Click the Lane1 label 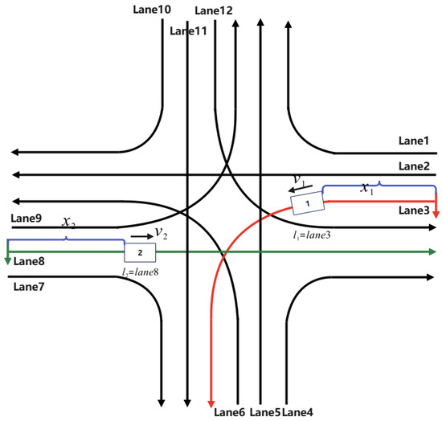point(415,141)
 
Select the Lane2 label point(415,166)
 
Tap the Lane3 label point(415,210)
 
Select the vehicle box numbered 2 point(139,252)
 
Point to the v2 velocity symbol point(161,234)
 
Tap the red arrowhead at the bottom point(211,402)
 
